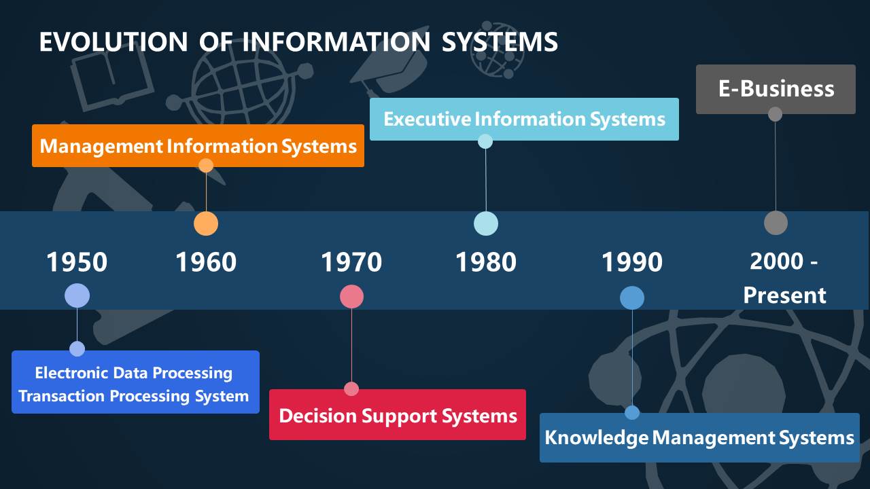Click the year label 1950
coord(77,262)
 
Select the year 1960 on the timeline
coord(206,262)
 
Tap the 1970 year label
coord(351,262)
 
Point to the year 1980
coord(485,262)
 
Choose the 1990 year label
coord(632,262)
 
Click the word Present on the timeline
coord(784,295)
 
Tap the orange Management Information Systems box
coord(198,146)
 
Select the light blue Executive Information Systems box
coord(524,120)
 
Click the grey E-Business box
coord(776,89)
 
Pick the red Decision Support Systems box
coord(398,415)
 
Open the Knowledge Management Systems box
coord(699,437)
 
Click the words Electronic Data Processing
coord(134,373)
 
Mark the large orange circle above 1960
coord(206,223)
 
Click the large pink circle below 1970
coord(351,296)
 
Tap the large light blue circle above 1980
coord(485,223)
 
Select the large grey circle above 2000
coord(776,223)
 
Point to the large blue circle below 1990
coord(632,297)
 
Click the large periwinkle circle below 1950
coord(77,295)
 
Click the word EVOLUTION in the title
coord(113,42)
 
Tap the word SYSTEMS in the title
coord(500,42)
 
